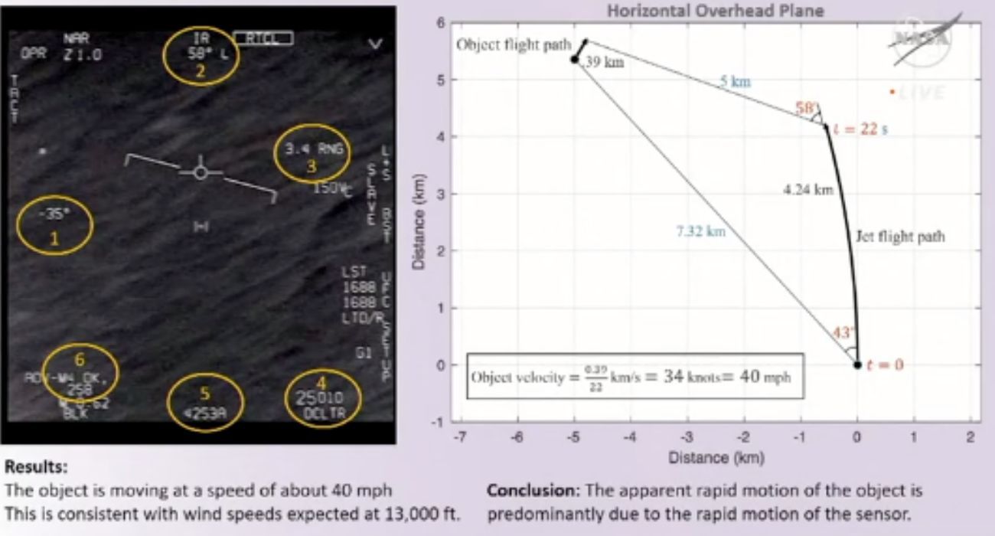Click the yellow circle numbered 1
point(54,225)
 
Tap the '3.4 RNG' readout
point(313,151)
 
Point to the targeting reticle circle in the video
point(201,172)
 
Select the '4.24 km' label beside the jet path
point(808,190)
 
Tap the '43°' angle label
point(843,333)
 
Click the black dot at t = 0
point(857,364)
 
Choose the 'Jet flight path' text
point(899,236)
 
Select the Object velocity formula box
point(635,376)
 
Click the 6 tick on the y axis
point(440,23)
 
